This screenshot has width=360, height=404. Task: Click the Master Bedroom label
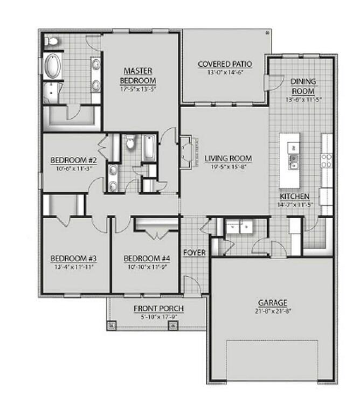[x=137, y=75]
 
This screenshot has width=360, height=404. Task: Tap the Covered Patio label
[x=225, y=64]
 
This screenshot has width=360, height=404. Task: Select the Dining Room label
[x=303, y=86]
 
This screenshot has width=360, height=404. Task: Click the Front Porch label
[x=158, y=308]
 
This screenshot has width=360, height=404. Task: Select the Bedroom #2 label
[x=73, y=161]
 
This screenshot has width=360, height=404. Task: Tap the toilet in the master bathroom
[x=53, y=41]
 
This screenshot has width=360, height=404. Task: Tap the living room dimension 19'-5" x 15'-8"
[x=228, y=168]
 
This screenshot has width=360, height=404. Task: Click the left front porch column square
[x=113, y=325]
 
